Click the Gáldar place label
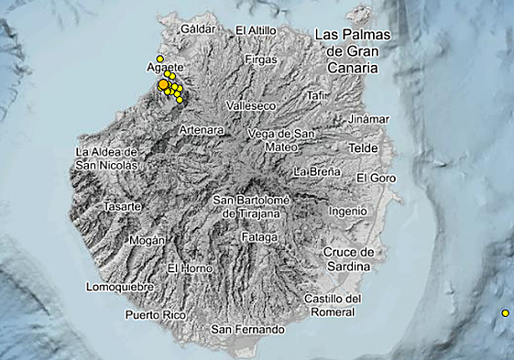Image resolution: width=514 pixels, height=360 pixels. (x=198, y=29)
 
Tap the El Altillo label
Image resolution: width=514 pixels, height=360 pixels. (x=256, y=30)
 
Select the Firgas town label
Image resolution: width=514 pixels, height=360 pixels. (x=261, y=60)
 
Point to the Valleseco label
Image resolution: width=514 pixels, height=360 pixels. (x=257, y=106)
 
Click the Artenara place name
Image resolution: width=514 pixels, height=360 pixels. (x=202, y=131)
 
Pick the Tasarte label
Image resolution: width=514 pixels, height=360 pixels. (x=123, y=207)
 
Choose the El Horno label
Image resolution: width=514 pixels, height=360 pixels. (x=190, y=268)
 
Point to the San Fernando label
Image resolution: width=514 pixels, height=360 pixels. (x=247, y=329)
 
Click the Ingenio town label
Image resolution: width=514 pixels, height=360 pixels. (x=347, y=211)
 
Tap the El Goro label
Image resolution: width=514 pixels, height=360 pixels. (x=376, y=177)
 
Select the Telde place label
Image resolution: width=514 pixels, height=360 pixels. (x=364, y=147)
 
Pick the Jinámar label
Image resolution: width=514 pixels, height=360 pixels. (x=367, y=119)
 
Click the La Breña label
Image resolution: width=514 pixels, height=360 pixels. (x=317, y=171)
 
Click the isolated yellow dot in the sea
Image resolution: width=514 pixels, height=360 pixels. (x=505, y=313)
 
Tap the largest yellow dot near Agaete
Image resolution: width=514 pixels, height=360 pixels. (x=163, y=85)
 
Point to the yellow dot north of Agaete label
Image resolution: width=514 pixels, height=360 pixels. (x=159, y=59)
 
